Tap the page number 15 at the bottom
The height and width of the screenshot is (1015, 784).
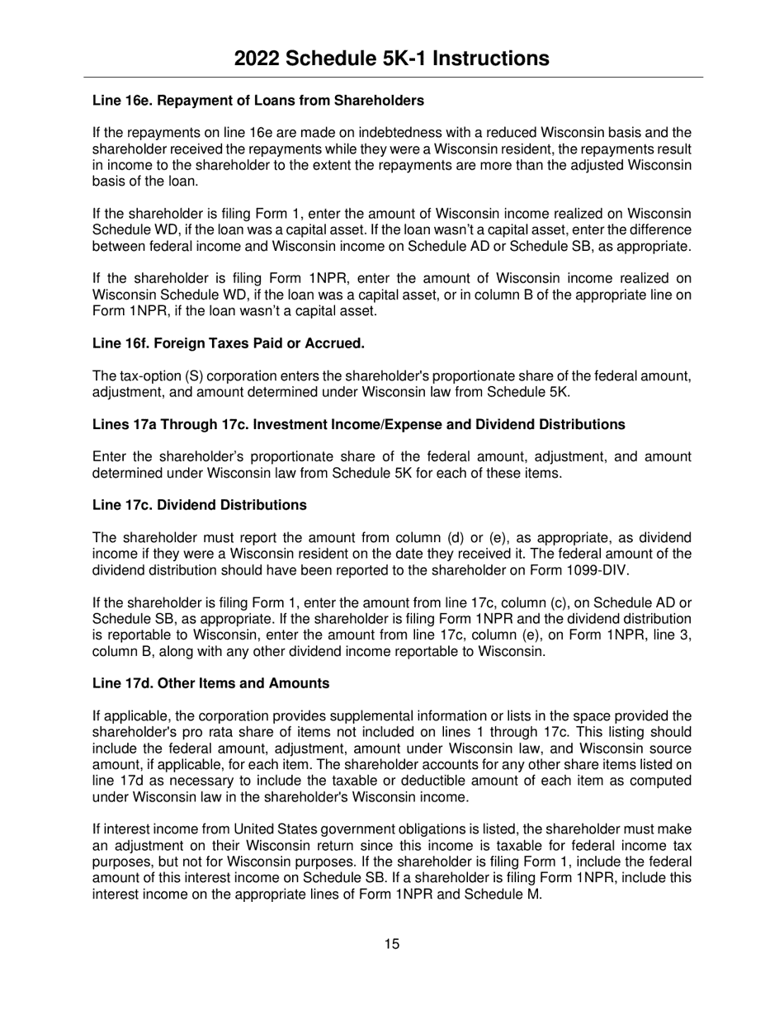pyautogui.click(x=391, y=944)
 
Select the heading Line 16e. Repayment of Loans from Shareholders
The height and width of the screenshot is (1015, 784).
pyautogui.click(x=257, y=101)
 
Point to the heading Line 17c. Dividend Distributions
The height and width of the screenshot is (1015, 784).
pyautogui.click(x=199, y=504)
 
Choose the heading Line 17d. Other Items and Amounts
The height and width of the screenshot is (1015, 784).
pyautogui.click(x=210, y=683)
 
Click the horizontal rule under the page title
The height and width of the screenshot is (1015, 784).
pyautogui.click(x=391, y=78)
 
